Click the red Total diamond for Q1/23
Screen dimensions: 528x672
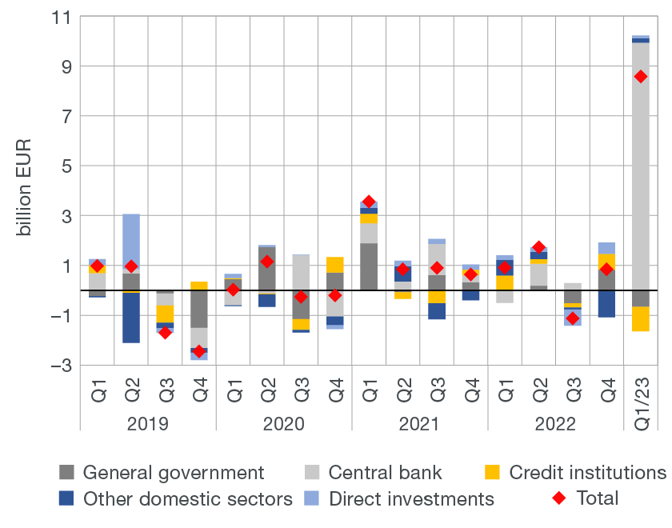(x=640, y=77)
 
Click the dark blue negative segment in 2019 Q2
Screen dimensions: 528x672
(x=131, y=318)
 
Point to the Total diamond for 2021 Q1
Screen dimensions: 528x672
(x=369, y=202)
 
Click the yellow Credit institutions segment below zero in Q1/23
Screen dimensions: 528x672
(x=640, y=318)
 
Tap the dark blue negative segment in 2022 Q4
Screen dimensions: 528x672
(x=606, y=304)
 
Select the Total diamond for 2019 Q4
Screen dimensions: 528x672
(x=199, y=351)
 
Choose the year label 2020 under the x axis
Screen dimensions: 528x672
(x=284, y=422)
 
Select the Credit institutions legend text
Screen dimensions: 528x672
(x=587, y=473)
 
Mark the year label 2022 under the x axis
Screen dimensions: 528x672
(x=555, y=422)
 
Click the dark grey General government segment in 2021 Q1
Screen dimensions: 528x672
(x=369, y=266)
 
